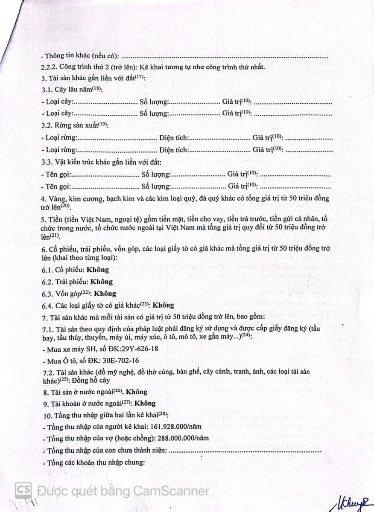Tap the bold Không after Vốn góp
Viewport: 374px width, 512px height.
click(105, 294)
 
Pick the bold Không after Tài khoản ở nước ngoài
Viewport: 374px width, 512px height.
click(145, 403)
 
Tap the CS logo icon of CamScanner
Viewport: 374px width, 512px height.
click(24, 491)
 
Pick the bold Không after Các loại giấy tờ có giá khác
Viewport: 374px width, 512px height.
click(164, 305)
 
